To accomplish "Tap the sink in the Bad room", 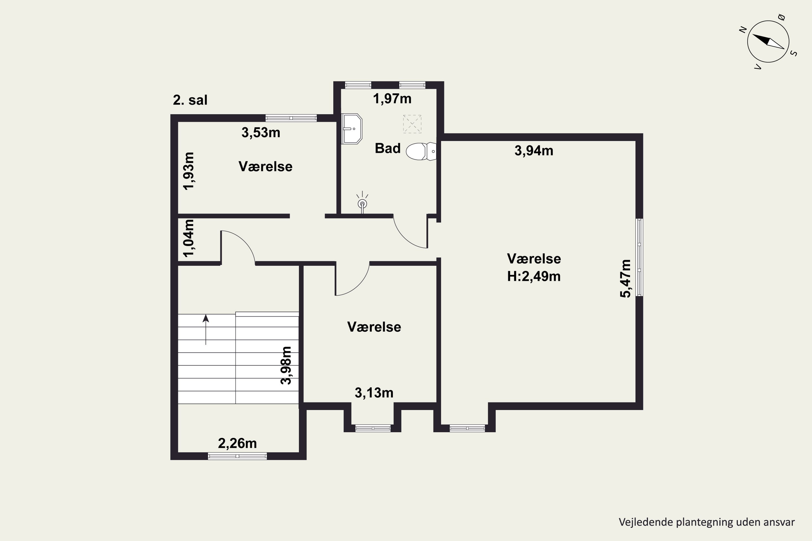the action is [351, 129].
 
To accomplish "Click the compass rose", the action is [768, 41].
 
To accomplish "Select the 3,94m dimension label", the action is [534, 151].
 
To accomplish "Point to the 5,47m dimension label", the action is [626, 278].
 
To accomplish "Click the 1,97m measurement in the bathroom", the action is [392, 99].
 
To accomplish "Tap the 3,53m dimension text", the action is [261, 133].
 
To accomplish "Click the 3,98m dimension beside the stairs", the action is [286, 365].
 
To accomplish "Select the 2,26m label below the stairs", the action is [238, 443].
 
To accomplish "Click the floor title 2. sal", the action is [190, 100].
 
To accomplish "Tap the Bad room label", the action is [388, 148].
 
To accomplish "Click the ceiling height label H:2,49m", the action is [534, 276].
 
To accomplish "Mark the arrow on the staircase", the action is [206, 329].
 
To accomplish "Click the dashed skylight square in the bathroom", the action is [412, 124].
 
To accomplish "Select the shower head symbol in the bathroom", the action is [362, 203].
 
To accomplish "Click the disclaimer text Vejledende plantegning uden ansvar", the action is [707, 522].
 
